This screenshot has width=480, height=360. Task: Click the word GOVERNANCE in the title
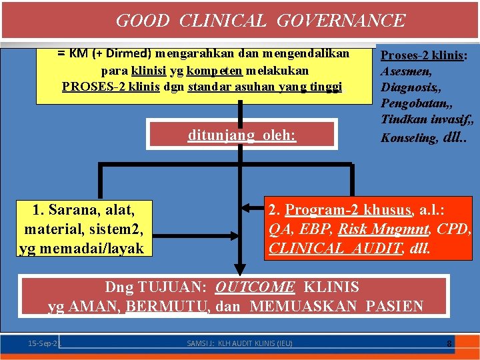pos(340,21)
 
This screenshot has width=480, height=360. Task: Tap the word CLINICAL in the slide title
pos(223,21)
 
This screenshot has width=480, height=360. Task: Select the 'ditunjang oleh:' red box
pos(242,135)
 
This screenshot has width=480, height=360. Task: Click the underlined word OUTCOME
pos(255,287)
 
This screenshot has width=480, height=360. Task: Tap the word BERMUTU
pos(170,307)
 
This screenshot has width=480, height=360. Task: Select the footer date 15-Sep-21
pos(44,343)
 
